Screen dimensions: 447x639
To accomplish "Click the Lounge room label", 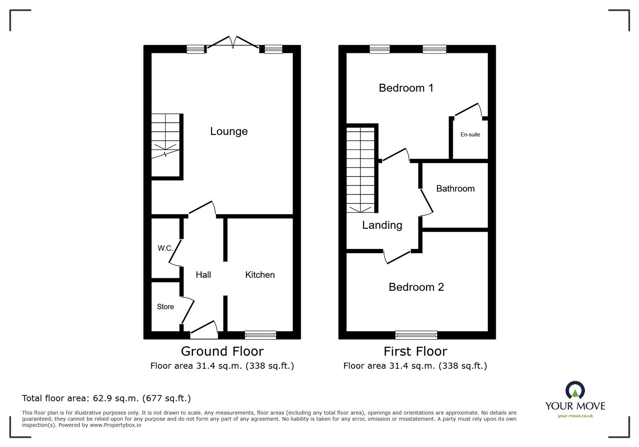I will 229,131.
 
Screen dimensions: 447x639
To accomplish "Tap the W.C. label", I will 165,248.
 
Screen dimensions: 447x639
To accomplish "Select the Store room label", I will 165,307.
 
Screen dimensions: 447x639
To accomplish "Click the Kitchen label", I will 260,275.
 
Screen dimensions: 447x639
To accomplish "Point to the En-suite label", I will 470,135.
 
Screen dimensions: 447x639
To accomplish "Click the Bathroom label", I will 455,189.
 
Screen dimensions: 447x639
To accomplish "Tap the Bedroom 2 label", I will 416,287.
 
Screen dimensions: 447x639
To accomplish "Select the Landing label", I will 382,225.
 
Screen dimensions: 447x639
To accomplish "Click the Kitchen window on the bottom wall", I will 260,335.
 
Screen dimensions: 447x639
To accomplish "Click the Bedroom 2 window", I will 416,335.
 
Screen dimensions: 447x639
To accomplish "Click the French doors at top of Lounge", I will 233,44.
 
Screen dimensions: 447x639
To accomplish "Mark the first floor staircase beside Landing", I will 361,170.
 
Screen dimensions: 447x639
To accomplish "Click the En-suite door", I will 468,110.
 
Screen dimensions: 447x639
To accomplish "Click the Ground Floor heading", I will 222,351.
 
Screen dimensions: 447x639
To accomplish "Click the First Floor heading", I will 415,351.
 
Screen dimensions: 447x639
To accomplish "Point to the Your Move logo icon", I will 575,390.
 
